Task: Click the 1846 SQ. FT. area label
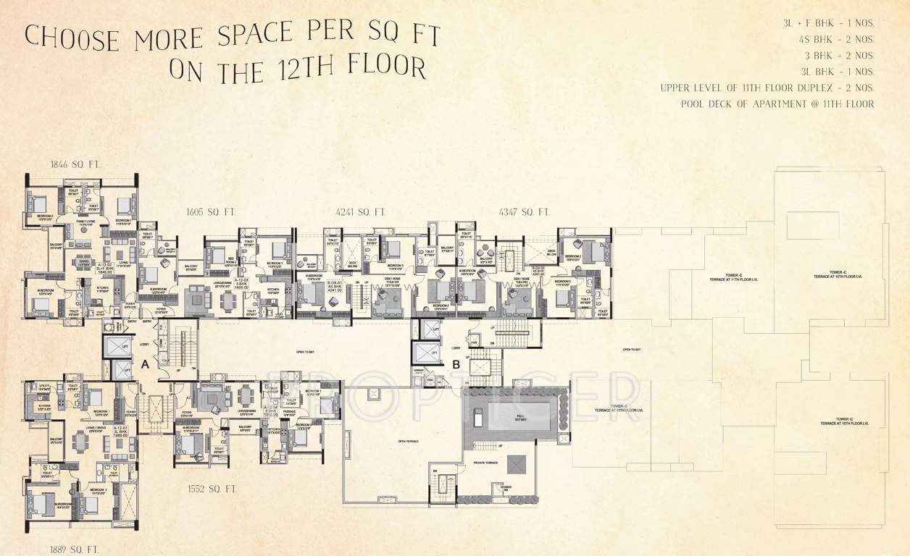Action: (75, 165)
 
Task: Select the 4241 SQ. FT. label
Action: (361, 212)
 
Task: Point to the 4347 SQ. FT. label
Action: (525, 212)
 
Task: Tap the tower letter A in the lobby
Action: (145, 366)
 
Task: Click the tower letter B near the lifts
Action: (456, 365)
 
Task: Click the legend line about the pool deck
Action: (777, 104)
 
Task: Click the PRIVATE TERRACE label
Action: (485, 463)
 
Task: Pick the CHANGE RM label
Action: (505, 488)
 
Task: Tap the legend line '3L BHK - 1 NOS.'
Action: (838, 72)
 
